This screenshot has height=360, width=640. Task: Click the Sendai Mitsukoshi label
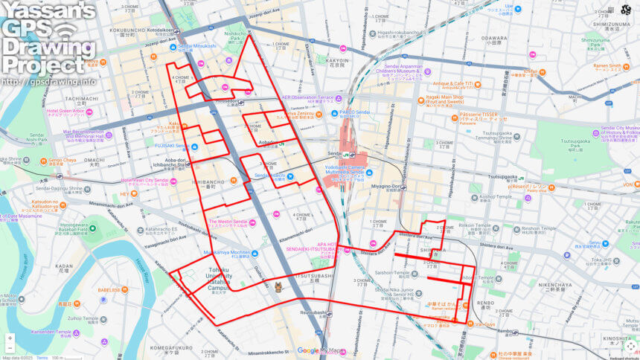pyautogui.click(x=197, y=45)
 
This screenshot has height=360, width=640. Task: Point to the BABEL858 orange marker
pyautogui.click(x=124, y=289)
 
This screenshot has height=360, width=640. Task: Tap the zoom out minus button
pyautogui.click(x=10, y=348)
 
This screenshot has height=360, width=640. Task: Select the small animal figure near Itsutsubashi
pyautogui.click(x=278, y=287)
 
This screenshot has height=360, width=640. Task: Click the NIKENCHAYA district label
pyautogui.click(x=554, y=284)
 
